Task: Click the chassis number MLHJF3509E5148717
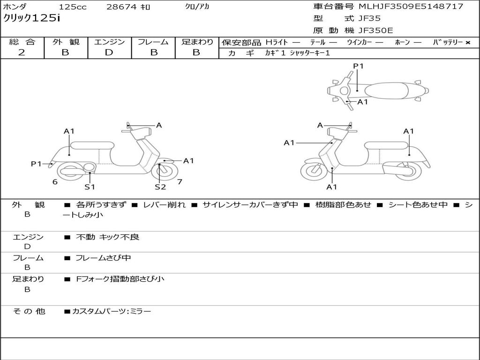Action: pos(411,7)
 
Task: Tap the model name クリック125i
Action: pos(31,18)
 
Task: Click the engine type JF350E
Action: pos(375,30)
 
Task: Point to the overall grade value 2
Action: pos(22,52)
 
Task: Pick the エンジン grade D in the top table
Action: pos(109,52)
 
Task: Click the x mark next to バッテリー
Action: pos(468,43)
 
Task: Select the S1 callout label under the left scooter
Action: pos(90,187)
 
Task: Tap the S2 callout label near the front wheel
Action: pos(160,187)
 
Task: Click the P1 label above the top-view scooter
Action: pos(358,66)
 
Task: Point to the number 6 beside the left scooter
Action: pos(55,182)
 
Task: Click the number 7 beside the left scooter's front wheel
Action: pos(180,182)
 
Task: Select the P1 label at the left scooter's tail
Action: pos(36,164)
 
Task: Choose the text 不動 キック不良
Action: pos(107,237)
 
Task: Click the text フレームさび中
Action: pos(103,258)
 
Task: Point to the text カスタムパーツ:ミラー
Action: pos(112,311)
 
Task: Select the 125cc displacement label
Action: pos(73,7)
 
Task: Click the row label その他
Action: pos(29,311)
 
